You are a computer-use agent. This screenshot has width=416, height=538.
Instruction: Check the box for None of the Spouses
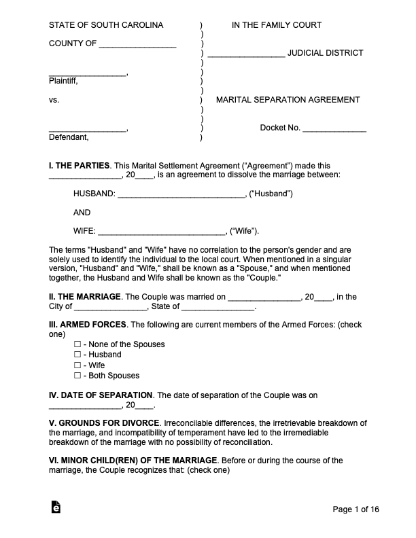click(77, 344)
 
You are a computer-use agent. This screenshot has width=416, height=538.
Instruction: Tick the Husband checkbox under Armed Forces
click(77, 355)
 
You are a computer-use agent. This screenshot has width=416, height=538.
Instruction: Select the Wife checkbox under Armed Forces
click(77, 365)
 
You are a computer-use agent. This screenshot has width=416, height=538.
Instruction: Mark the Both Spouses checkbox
click(77, 376)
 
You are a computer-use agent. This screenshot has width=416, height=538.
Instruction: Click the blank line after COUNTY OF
click(138, 46)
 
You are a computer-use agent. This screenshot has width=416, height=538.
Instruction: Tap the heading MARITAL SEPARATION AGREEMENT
click(288, 100)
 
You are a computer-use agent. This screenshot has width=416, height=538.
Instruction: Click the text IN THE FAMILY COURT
click(277, 26)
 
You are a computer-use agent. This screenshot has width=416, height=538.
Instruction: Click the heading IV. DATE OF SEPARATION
click(101, 395)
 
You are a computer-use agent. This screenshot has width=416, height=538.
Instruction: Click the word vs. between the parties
click(54, 100)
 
